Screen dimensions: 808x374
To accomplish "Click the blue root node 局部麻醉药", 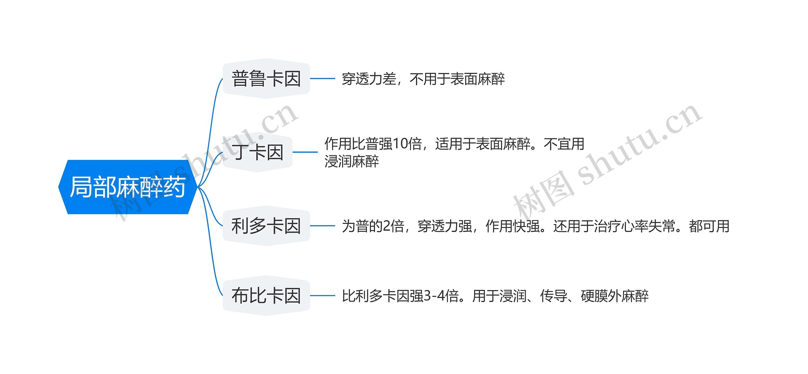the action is (x=128, y=187).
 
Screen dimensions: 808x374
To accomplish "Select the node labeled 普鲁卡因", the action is (x=266, y=79).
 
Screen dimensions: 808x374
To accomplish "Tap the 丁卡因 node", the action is (x=258, y=152).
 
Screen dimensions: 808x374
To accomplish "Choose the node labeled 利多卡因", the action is (x=266, y=226).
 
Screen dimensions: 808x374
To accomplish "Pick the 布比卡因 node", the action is (x=266, y=296).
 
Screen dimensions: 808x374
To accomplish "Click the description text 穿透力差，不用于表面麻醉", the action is (x=423, y=79).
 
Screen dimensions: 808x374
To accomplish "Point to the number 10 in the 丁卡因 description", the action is (x=400, y=144).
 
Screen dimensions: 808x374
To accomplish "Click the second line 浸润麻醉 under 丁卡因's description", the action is (x=351, y=162).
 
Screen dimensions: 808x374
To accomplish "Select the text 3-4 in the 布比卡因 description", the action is (x=435, y=296).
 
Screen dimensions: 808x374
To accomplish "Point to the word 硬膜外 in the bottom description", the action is (x=601, y=296).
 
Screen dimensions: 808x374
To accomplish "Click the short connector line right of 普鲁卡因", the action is (x=322, y=79).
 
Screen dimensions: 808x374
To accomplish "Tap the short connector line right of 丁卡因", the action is (x=305, y=152).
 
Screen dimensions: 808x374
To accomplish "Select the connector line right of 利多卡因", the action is (x=322, y=226).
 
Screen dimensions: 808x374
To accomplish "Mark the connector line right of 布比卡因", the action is (x=322, y=296).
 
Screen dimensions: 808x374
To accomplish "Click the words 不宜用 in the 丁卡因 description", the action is (x=564, y=144).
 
